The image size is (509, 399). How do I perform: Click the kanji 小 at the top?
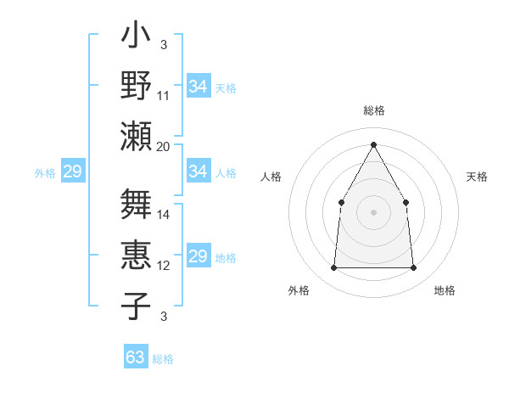pos(136,39)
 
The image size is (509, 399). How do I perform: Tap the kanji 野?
pos(136,86)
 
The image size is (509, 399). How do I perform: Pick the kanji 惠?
pos(136,256)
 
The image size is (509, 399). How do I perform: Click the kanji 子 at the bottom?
pos(136,306)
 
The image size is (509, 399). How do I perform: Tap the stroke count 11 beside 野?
pos(164,95)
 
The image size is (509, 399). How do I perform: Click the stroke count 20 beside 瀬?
pos(164,146)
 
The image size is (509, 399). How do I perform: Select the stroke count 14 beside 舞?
pos(164,215)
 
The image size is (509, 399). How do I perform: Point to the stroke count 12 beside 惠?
pos(164,266)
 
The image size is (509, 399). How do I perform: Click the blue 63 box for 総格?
pos(135,357)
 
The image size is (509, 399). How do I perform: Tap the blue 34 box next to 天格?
pos(198,87)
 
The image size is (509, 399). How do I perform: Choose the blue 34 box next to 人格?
pos(198,171)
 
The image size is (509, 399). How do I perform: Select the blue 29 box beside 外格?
pos(72,172)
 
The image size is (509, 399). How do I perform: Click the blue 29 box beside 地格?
pos(198,256)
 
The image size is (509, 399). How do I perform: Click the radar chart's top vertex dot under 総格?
pos(373,144)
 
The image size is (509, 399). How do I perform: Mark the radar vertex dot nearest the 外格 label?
pos(333,268)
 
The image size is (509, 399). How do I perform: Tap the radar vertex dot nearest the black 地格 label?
pos(414,268)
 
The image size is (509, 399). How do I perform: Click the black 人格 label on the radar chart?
pos(271,177)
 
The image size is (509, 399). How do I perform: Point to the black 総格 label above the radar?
pos(373,110)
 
